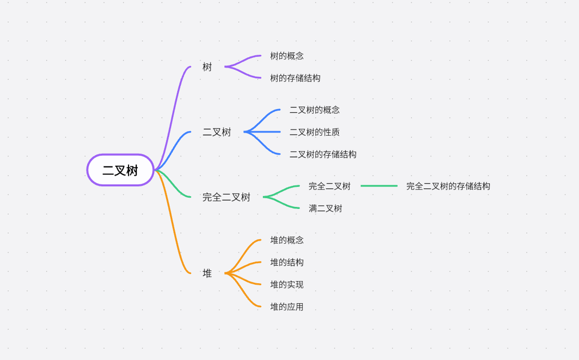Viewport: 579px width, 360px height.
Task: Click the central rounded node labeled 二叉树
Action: (x=120, y=170)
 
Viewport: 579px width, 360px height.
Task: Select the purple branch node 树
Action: (x=207, y=67)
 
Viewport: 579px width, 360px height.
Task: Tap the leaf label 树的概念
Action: (x=287, y=56)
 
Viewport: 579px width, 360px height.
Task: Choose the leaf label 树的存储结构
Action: (x=295, y=78)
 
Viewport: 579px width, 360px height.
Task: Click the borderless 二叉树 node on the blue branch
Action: (x=217, y=132)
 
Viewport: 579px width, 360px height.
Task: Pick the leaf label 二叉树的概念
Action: (x=314, y=110)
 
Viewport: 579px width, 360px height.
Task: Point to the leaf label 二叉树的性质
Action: (x=314, y=132)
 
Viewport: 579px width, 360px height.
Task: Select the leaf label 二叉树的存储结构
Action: (x=323, y=154)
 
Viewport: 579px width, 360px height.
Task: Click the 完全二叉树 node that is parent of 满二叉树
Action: (x=226, y=197)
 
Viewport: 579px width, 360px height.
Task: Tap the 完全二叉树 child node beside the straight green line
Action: (x=329, y=186)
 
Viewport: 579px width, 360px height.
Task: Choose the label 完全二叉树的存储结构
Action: (x=448, y=186)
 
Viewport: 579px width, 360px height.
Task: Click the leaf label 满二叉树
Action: (x=325, y=208)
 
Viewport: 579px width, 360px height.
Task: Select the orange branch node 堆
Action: (x=207, y=273)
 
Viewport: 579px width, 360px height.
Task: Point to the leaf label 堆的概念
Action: (x=287, y=240)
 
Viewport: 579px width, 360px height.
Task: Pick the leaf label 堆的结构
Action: (x=287, y=262)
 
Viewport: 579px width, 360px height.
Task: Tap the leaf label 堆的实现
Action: (x=287, y=285)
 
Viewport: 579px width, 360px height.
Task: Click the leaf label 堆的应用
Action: (x=287, y=307)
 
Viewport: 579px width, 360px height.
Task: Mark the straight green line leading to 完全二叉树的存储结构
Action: (x=379, y=186)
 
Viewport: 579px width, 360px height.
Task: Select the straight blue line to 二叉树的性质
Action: (x=264, y=132)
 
